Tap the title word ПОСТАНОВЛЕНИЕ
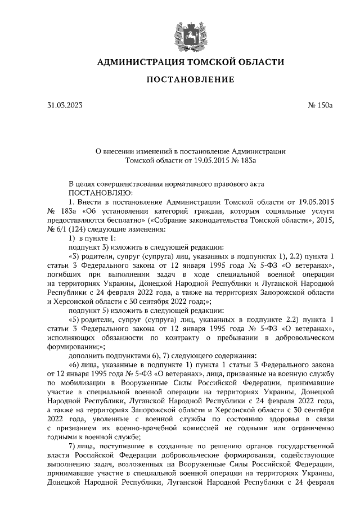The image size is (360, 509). click(190, 80)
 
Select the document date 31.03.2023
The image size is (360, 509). click(65, 105)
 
